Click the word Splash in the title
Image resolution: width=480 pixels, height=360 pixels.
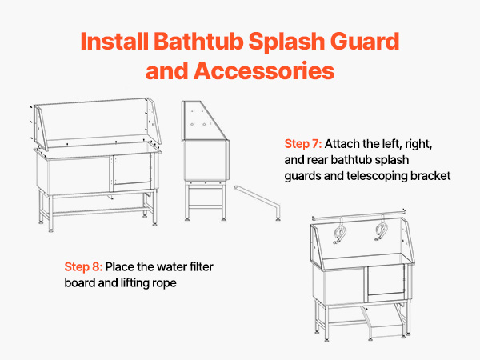click(286, 42)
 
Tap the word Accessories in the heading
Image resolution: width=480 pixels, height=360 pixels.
click(264, 70)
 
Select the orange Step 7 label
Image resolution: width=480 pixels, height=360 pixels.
click(302, 143)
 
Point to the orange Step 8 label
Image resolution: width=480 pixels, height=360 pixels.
click(83, 266)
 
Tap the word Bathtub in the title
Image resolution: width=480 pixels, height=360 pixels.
click(198, 42)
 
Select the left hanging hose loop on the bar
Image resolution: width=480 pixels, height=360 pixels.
click(340, 233)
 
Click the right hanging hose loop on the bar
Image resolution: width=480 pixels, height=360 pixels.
click(382, 230)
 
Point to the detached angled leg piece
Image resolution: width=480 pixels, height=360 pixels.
click(258, 202)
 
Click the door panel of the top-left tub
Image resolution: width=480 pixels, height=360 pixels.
click(132, 170)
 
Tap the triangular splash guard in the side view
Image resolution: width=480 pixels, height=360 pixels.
click(202, 121)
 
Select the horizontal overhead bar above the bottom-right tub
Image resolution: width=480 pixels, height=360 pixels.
click(358, 214)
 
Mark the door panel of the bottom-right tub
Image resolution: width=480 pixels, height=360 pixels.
click(386, 281)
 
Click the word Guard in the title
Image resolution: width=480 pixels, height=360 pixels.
click(365, 42)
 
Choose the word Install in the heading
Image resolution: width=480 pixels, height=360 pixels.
click(114, 42)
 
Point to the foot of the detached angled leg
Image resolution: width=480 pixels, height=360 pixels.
click(278, 218)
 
